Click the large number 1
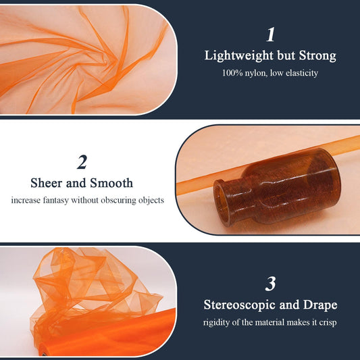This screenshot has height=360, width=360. coord(270,34)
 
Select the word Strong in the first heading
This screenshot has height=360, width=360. coord(317,56)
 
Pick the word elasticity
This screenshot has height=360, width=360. coord(302,73)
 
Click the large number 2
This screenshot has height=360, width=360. coord(82,162)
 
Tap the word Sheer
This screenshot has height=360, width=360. coord(46,183)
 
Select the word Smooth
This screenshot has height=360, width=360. coord(111,183)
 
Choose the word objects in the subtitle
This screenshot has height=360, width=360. coord(151,201)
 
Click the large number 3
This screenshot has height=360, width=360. coord(270,284)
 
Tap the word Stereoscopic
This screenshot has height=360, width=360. coord(240,305)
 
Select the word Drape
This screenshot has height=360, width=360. coord(320,305)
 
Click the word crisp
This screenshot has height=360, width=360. coord(328,323)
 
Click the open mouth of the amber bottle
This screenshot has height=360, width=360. coord(222,203)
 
